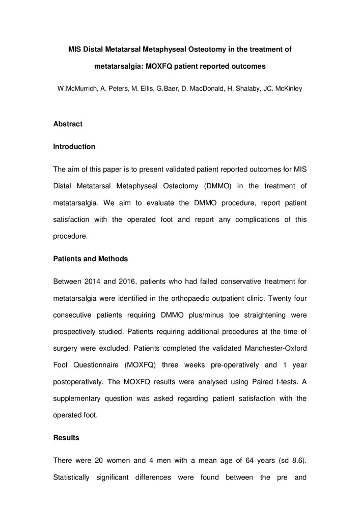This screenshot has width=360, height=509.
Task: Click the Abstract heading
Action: click(x=68, y=124)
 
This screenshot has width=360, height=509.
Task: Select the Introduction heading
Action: click(x=74, y=147)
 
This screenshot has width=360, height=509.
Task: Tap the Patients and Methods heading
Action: click(x=91, y=259)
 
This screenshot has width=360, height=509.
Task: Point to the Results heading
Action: click(x=66, y=438)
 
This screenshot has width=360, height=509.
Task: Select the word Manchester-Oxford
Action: click(x=273, y=348)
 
